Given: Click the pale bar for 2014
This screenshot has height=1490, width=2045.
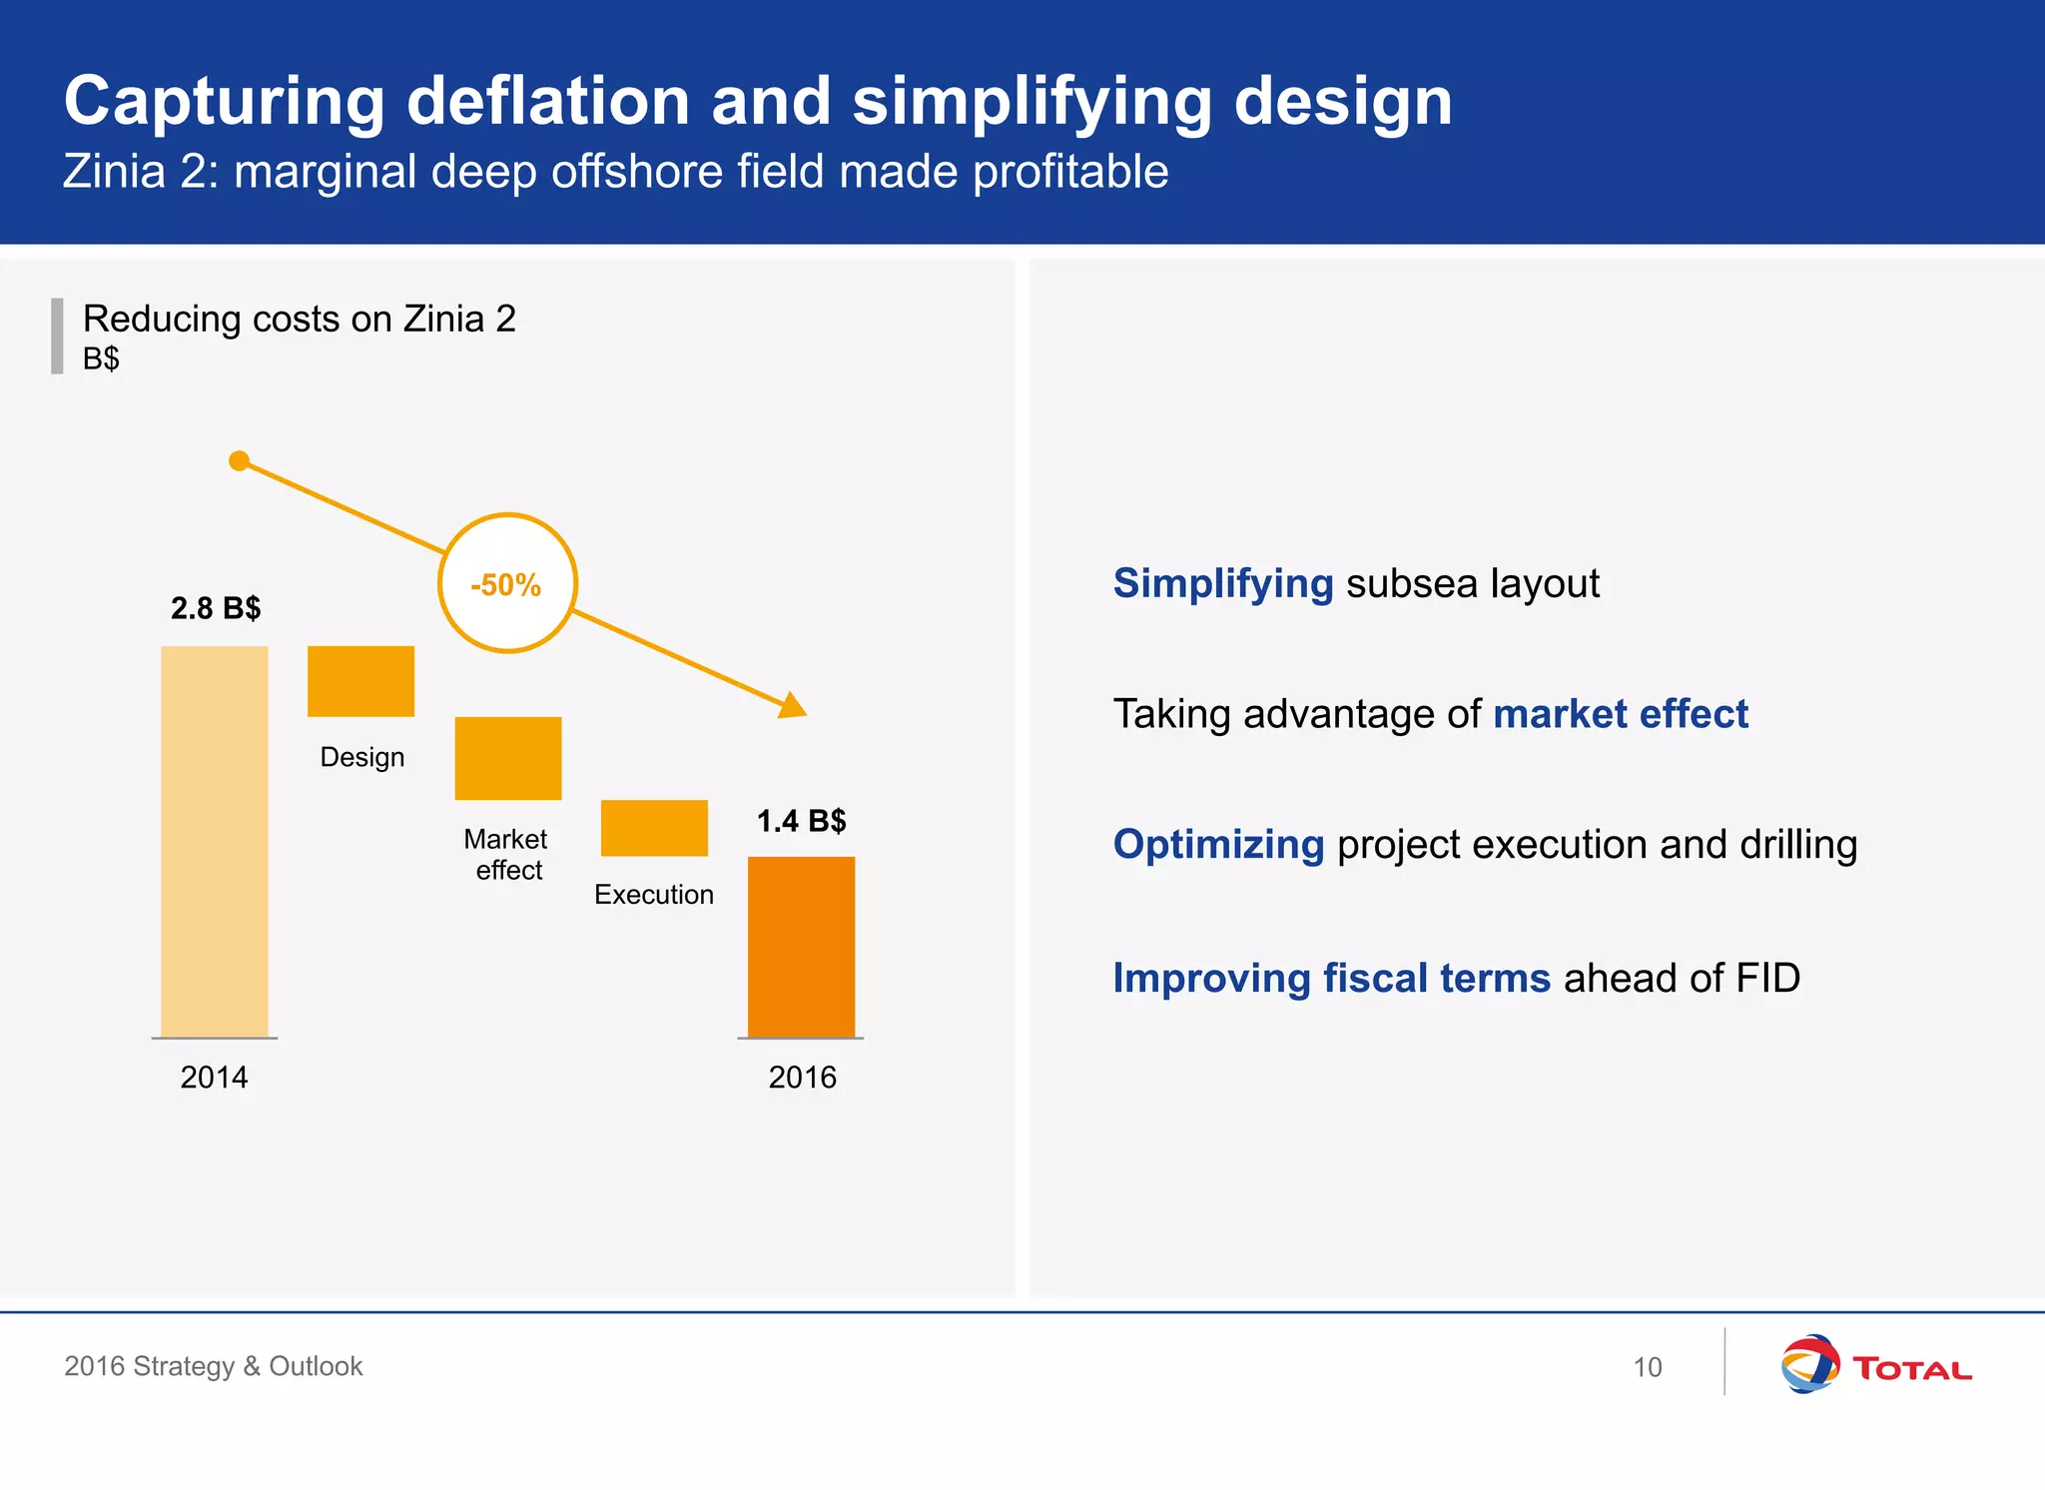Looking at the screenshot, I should click(x=215, y=841).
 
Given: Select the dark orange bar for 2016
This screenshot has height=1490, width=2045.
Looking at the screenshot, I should click(x=801, y=947).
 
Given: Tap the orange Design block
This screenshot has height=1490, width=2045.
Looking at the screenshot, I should click(x=360, y=681).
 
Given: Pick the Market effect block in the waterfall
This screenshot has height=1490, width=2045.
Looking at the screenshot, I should click(x=508, y=758).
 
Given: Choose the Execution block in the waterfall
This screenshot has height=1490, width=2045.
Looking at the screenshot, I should click(x=654, y=828).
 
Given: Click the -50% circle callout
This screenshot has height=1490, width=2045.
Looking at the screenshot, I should click(x=507, y=584).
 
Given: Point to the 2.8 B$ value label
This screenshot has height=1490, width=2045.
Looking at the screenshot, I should click(x=216, y=608).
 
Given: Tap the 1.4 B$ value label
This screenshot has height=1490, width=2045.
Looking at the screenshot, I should click(x=801, y=821).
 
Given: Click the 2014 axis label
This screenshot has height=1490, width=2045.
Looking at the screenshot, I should click(x=214, y=1078).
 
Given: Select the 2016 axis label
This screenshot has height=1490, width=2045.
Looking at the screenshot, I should click(x=802, y=1078).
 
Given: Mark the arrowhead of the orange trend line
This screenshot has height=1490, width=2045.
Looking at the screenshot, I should click(x=794, y=706).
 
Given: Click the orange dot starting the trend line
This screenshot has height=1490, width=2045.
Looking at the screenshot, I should click(x=239, y=460).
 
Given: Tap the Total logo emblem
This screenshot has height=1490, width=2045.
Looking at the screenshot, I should click(x=1809, y=1364).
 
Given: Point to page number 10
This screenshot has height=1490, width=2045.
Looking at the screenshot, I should click(x=1648, y=1367).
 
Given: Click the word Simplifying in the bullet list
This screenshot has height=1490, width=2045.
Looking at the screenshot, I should click(x=1223, y=584).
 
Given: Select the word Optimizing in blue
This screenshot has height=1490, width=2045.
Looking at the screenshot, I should click(x=1218, y=845).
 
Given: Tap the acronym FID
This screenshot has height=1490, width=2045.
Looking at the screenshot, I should click(x=1767, y=978).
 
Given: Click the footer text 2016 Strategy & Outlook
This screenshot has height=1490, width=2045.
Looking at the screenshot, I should click(x=213, y=1366).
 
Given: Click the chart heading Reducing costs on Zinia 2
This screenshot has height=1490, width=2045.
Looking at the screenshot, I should click(x=300, y=320).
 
